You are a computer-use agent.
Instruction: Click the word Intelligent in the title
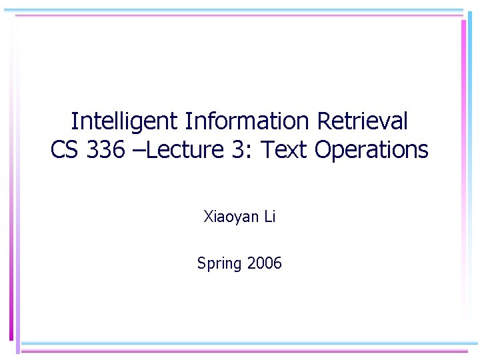click(125, 122)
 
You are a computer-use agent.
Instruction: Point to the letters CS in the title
click(65, 151)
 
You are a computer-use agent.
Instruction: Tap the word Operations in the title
click(371, 151)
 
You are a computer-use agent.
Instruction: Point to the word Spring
click(219, 264)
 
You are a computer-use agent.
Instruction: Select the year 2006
click(265, 263)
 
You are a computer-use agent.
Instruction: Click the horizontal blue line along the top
click(240, 11)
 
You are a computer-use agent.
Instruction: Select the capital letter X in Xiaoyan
click(207, 217)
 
